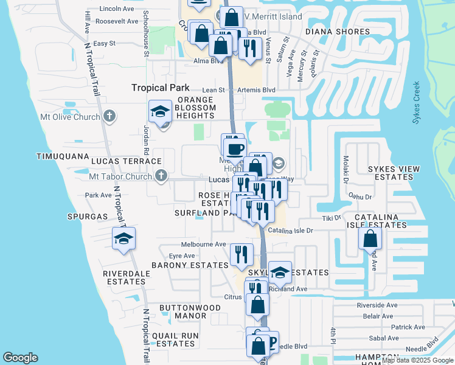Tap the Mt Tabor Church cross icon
(x=161, y=176)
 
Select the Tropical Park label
(x=161, y=88)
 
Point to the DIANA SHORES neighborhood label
(x=338, y=32)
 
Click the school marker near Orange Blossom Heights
(x=161, y=113)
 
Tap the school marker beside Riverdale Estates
(x=123, y=239)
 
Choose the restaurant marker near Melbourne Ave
(x=242, y=253)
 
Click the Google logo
(x=21, y=358)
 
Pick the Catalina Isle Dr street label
(x=290, y=231)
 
